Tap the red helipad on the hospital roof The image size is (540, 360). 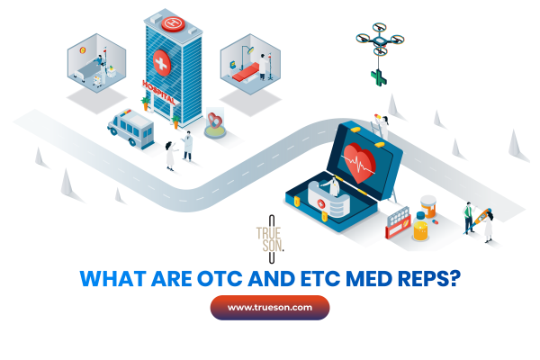[172, 17]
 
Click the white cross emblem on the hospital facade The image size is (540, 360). [162, 63]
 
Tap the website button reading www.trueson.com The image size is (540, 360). [270, 308]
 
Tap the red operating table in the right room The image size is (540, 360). [246, 75]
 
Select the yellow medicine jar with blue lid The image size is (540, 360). [420, 229]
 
